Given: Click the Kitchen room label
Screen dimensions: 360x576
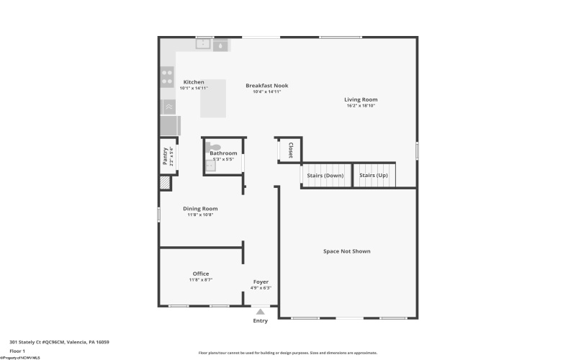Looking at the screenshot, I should [x=194, y=82].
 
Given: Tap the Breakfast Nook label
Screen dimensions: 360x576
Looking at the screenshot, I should [x=266, y=85].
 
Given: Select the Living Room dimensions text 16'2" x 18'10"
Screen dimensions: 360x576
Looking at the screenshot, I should [x=361, y=106].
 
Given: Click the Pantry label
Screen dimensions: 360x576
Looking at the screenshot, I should [x=166, y=157].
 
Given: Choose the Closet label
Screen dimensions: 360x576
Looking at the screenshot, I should [x=290, y=150].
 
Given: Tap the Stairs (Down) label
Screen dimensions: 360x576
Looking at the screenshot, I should [x=325, y=176].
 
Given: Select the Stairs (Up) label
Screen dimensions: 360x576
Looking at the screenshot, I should [x=373, y=176].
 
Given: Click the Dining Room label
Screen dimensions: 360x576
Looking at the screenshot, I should [x=200, y=209].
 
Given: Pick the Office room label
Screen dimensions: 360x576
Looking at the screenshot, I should [x=201, y=274].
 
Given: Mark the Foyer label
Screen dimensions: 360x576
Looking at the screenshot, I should [x=261, y=282].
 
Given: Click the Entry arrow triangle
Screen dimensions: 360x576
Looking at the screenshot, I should [x=261, y=312].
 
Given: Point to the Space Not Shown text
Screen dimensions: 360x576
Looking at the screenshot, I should [x=347, y=251].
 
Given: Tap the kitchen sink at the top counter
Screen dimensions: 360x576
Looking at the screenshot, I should [x=204, y=45].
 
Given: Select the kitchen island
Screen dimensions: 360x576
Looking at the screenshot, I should [x=213, y=99].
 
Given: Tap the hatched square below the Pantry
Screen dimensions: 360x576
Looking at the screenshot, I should [x=166, y=184].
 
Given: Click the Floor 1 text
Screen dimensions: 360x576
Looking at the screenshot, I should [x=17, y=351].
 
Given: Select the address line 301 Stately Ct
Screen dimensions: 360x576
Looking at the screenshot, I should [x=59, y=342].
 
